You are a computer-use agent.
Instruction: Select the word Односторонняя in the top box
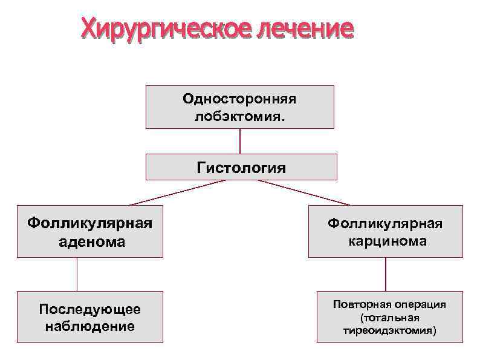[x=239, y=99]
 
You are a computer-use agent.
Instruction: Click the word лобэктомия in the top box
[x=237, y=115]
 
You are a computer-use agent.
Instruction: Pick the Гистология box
[x=241, y=167]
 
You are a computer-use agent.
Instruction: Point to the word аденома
[x=89, y=242]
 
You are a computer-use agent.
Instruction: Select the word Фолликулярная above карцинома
[x=385, y=224]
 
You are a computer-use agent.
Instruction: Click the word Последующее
[x=89, y=309]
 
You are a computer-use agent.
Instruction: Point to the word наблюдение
[x=89, y=326]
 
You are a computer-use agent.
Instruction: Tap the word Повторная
[x=361, y=304]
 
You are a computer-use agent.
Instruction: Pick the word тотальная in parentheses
[x=389, y=318]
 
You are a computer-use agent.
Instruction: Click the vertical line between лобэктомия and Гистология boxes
[x=240, y=141]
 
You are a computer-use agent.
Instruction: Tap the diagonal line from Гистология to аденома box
[x=175, y=193]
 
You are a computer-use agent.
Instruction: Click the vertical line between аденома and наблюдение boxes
[x=77, y=274]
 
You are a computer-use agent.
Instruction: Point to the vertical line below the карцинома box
[x=386, y=274]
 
